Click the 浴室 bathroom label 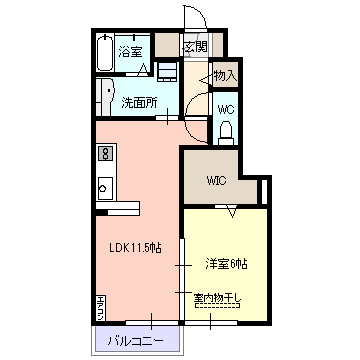pos(130,50)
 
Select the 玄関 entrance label pos(195,46)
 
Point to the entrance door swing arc pos(192,20)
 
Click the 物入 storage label pos(226,75)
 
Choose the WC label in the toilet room pos(226,107)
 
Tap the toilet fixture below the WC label pos(226,131)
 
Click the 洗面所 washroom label pos(140,101)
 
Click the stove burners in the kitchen pos(103,155)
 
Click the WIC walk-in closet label pos(218,181)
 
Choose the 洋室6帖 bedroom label pos(227,263)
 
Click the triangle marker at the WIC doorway pos(231,211)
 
